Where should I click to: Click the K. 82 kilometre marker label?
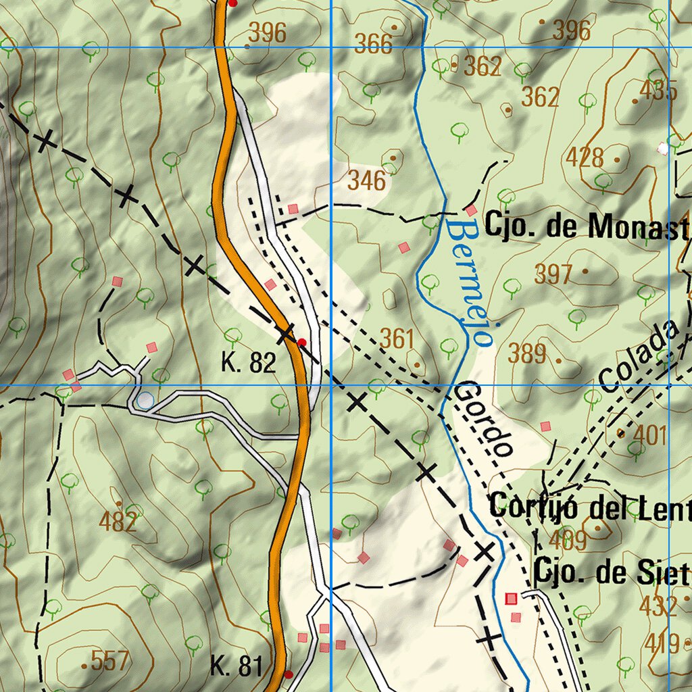[x=249, y=364]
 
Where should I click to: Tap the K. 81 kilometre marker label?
[x=236, y=666]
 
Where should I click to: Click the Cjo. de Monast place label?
[x=587, y=227]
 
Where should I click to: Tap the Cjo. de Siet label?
[x=611, y=573]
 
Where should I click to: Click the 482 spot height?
[x=118, y=521]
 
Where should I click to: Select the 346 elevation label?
[x=367, y=180]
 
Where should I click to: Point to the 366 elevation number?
[x=373, y=45]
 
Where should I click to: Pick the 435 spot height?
[x=659, y=91]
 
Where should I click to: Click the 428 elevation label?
[x=585, y=157]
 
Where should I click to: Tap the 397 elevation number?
[x=553, y=274]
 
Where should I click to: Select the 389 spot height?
[x=527, y=353]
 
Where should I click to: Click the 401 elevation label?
[x=651, y=436]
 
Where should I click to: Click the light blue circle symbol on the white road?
[x=145, y=401]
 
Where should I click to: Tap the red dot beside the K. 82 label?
[x=301, y=342]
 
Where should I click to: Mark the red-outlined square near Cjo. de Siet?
[x=511, y=598]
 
